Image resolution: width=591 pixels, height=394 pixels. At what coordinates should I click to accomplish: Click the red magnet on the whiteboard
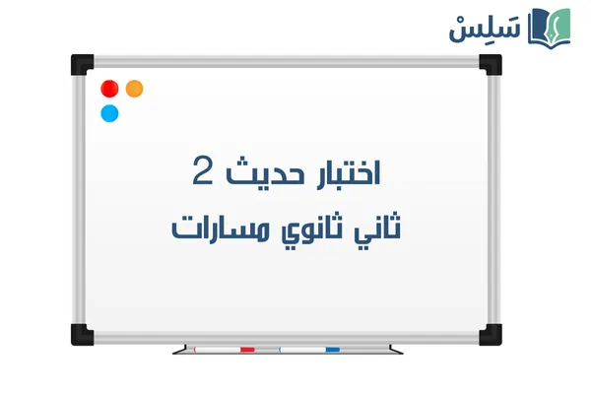(109, 89)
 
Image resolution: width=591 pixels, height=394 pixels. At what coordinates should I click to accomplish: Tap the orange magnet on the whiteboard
(135, 89)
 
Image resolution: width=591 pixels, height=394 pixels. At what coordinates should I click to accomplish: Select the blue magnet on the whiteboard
(109, 113)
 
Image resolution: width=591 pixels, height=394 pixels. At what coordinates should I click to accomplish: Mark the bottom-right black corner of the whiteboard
(491, 328)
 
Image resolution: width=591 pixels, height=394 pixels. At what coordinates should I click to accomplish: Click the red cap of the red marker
(247, 349)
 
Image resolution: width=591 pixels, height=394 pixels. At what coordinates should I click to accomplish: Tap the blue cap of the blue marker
(332, 349)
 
